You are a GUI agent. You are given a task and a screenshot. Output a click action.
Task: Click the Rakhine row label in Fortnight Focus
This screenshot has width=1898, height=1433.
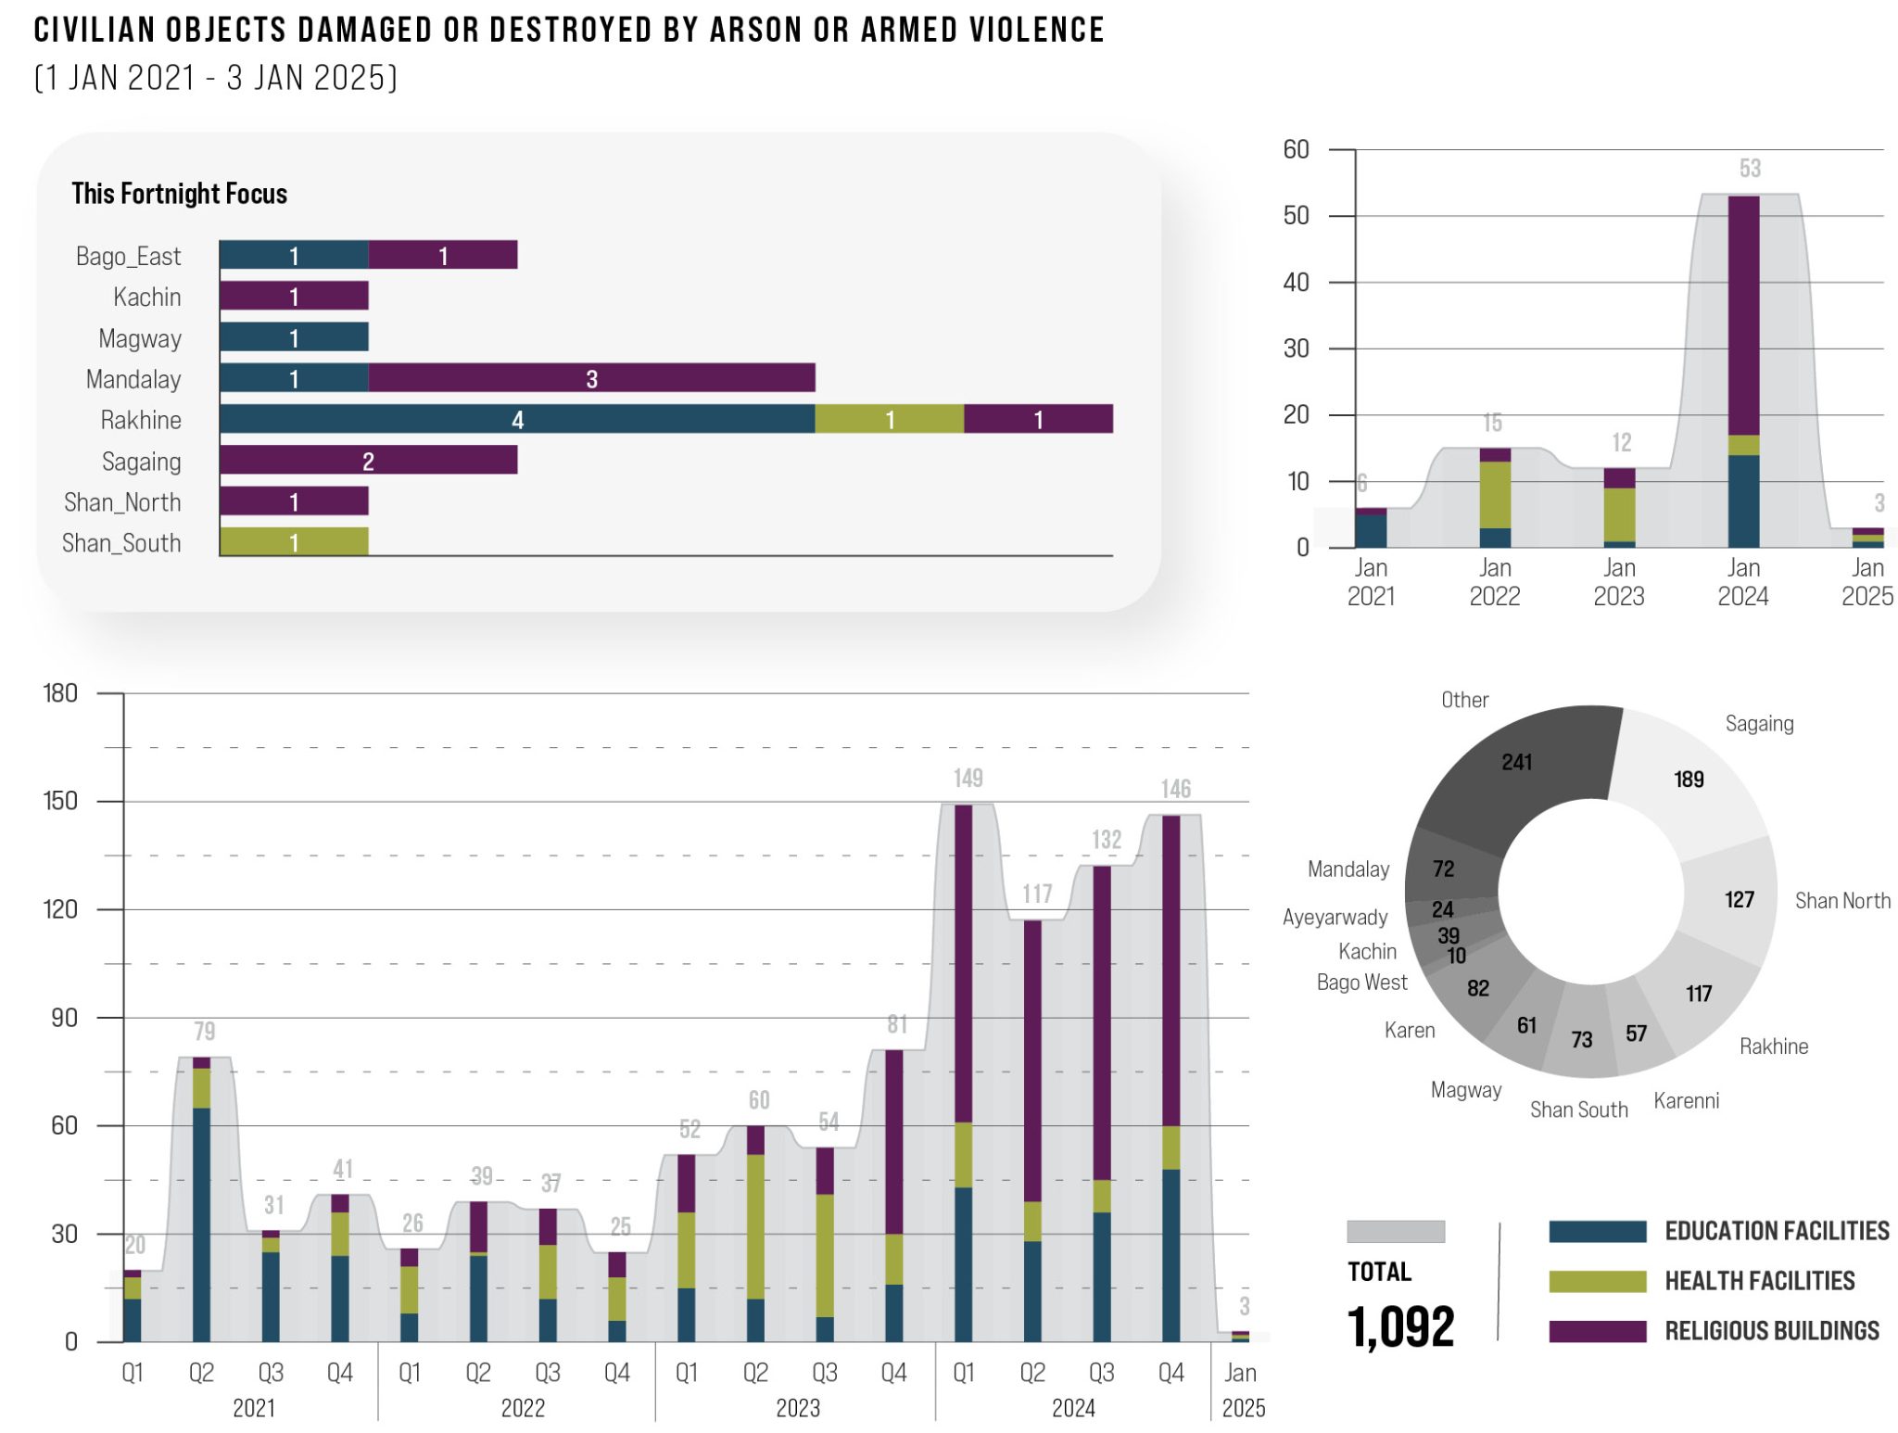pyautogui.click(x=140, y=420)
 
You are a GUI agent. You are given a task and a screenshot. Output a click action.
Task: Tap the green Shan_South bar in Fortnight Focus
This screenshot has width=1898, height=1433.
pyautogui.click(x=294, y=542)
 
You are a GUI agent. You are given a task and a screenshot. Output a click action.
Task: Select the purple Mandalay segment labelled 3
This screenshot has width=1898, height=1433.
pyautogui.click(x=591, y=378)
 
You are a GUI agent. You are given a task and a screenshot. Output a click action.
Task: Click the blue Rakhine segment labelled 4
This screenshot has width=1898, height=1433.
pyautogui.click(x=517, y=419)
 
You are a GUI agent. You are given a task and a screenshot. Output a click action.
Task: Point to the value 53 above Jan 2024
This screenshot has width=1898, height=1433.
pyautogui.click(x=1749, y=169)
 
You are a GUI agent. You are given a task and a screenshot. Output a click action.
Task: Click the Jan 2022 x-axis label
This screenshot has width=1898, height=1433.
pyautogui.click(x=1494, y=581)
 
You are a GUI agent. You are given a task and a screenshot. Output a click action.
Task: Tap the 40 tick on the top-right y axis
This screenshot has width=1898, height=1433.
pyautogui.click(x=1296, y=282)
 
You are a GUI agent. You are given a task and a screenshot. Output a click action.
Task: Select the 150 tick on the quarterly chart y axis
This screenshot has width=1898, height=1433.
pyautogui.click(x=60, y=801)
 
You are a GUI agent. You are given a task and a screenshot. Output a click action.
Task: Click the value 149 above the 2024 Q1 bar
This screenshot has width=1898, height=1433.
pyautogui.click(x=968, y=778)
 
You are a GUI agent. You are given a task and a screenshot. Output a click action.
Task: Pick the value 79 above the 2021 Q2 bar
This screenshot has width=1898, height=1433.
pyautogui.click(x=204, y=1031)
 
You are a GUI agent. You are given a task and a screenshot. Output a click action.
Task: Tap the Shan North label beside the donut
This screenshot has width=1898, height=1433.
pyautogui.click(x=1841, y=900)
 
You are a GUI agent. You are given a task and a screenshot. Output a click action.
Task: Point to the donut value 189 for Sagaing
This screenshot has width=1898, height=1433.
pyautogui.click(x=1689, y=780)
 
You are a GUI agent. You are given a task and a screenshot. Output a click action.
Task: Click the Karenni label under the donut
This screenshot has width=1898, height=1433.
pyautogui.click(x=1686, y=1100)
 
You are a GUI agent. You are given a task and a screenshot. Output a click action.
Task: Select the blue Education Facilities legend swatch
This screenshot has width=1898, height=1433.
pyautogui.click(x=1597, y=1231)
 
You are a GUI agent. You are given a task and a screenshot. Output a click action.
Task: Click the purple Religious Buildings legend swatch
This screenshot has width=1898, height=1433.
pyautogui.click(x=1597, y=1331)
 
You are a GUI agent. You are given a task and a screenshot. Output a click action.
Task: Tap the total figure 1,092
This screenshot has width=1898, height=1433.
pyautogui.click(x=1400, y=1325)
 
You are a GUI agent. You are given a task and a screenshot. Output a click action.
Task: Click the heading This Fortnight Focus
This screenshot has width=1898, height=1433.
pyautogui.click(x=179, y=194)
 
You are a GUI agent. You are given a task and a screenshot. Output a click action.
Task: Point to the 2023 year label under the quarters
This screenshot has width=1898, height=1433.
pyautogui.click(x=797, y=1408)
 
